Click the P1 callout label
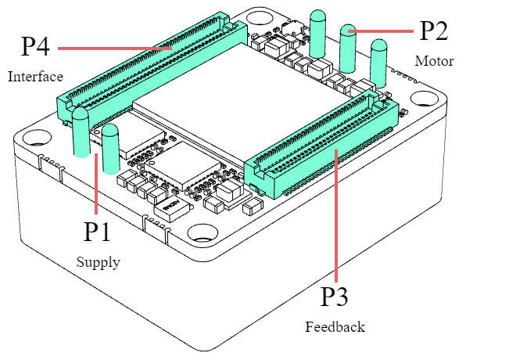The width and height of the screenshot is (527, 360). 98,232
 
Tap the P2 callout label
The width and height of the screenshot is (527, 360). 434,31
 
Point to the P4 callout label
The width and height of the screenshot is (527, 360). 35,46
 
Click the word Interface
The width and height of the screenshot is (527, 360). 35,77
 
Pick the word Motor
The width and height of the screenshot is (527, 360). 434,61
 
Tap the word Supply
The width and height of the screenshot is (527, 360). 98,262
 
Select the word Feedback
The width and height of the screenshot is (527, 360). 335,327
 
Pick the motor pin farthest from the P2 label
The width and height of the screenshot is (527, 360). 317,34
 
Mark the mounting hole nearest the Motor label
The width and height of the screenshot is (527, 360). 424,99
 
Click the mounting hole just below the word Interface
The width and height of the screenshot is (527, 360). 37,141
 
